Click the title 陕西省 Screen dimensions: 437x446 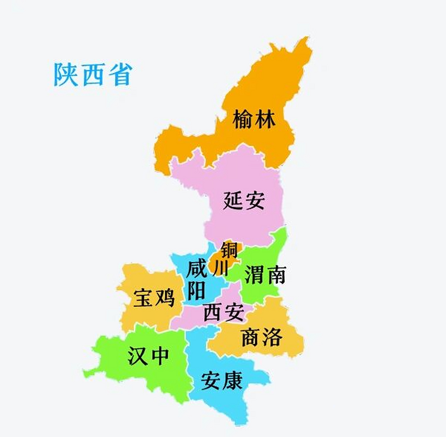[x=93, y=74]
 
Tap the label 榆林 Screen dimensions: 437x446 [x=254, y=119]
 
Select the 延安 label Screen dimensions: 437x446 [x=244, y=200]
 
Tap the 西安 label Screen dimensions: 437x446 [x=224, y=312]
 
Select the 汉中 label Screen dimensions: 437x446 [x=148, y=356]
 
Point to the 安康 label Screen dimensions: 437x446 [x=222, y=380]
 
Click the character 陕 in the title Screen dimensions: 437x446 [x=65, y=74]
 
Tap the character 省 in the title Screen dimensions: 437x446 [x=121, y=74]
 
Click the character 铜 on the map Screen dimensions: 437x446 [x=229, y=250]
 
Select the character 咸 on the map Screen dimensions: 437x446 [x=197, y=269]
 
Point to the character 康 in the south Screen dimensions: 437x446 [x=232, y=380]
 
